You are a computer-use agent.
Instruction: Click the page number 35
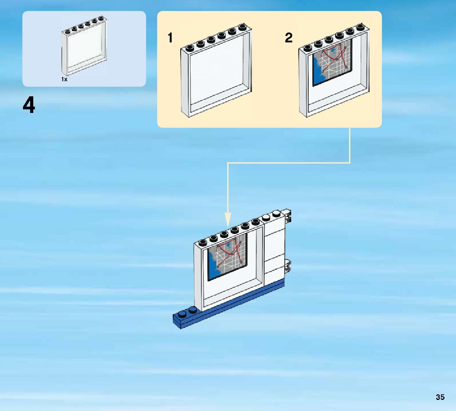point(440,397)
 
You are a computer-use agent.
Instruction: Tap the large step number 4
point(29,106)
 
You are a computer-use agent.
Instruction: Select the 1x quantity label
point(64,79)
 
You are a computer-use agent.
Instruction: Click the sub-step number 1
point(170,38)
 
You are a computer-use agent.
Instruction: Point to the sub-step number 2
point(288,38)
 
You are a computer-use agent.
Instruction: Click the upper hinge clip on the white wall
point(288,214)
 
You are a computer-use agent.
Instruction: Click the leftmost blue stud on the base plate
point(181,314)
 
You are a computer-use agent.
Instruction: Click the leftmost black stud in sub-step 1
point(190,48)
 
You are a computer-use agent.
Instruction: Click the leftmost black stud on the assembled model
point(204,242)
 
